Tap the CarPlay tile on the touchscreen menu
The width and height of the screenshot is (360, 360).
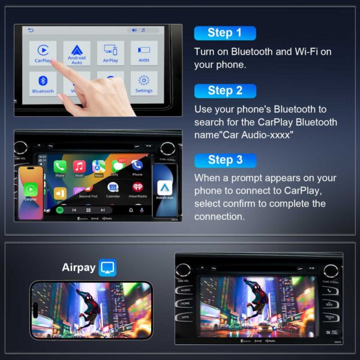pos(43,53)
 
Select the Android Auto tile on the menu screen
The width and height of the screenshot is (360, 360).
pos(77,53)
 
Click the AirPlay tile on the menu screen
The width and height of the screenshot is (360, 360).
pos(110,53)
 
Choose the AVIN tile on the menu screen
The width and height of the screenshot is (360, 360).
pos(144,53)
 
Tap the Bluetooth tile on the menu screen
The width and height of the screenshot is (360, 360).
pos(43,83)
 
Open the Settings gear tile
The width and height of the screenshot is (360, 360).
pos(144,83)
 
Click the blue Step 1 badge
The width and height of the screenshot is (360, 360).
pos(224,33)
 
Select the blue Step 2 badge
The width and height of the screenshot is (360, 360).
pos(224,91)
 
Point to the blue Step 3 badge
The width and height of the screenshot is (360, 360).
pos(224,160)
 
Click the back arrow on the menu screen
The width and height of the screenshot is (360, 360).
pos(31,31)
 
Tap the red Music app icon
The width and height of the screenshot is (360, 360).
pos(79,166)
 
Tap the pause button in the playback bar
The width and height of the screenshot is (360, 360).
pos(88,210)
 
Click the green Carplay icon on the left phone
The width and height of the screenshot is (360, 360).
pos(31,188)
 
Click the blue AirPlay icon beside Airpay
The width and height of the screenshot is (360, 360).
pos(108,268)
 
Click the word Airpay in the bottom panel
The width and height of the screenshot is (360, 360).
pos(79,268)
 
